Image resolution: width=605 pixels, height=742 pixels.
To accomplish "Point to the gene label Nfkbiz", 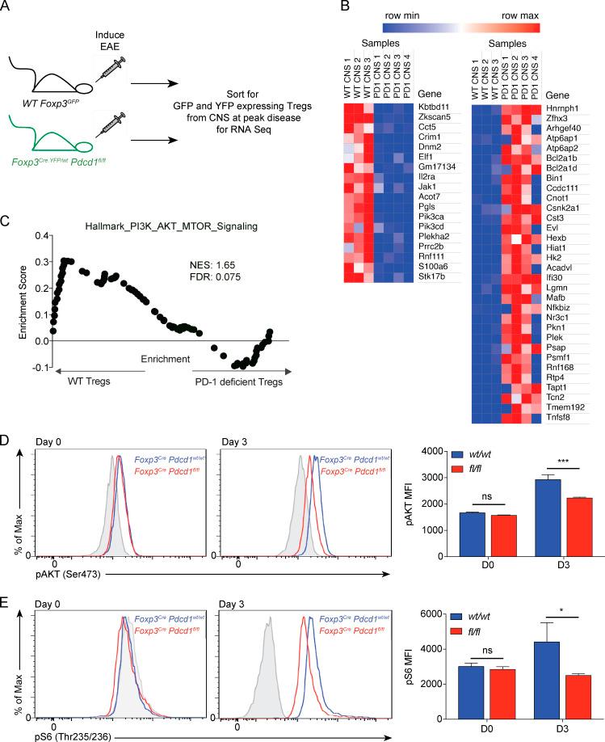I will tap(571, 306).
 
